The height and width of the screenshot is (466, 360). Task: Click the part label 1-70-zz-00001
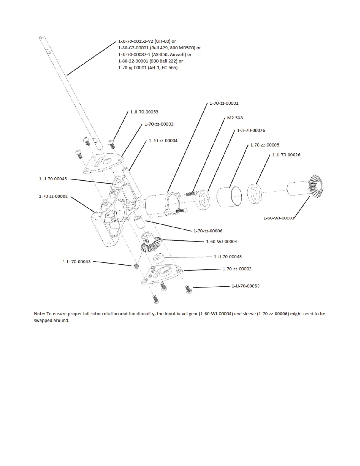click(x=224, y=104)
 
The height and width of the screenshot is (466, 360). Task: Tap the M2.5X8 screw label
click(x=235, y=118)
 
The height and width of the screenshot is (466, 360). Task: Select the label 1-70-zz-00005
click(x=265, y=145)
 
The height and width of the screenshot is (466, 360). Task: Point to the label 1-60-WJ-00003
click(x=279, y=218)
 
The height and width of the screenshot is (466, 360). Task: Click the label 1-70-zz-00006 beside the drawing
click(x=208, y=231)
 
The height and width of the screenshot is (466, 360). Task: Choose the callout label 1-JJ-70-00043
click(x=76, y=262)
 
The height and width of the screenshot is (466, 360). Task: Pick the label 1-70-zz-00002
click(x=53, y=197)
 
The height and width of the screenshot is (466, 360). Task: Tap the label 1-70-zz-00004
click(x=163, y=141)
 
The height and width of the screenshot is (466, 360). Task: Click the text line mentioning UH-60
click(x=147, y=41)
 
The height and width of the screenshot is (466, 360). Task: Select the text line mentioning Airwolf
click(x=155, y=54)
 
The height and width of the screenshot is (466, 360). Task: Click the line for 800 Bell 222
click(x=151, y=61)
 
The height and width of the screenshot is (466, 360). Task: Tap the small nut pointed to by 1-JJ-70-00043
click(x=136, y=266)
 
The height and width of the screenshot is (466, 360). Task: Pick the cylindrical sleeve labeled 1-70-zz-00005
click(x=229, y=195)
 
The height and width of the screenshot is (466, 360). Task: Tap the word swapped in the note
click(x=43, y=320)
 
